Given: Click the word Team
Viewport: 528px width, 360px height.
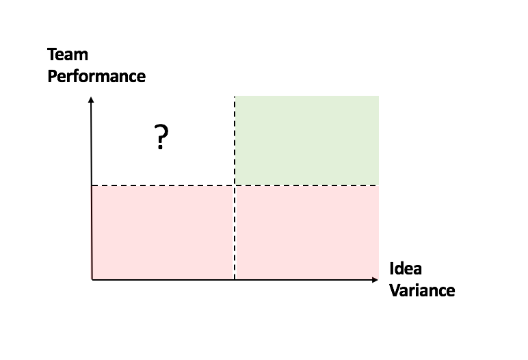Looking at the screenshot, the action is point(68,55).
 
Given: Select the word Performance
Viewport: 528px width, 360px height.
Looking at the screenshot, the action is point(96,77).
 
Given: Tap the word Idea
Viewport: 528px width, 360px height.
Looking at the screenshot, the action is point(406,269).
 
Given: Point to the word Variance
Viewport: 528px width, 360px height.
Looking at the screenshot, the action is point(422,291).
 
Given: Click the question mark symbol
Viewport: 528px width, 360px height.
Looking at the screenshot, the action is point(161,137).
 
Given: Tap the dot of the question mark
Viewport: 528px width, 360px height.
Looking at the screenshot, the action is point(160,147).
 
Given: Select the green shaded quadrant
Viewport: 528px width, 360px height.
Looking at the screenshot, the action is point(307,140).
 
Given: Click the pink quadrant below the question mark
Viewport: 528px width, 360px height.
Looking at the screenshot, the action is point(163,233).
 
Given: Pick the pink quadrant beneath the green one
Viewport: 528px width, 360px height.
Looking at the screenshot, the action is point(307,233).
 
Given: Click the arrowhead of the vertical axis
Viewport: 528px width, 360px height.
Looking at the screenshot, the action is point(91,99).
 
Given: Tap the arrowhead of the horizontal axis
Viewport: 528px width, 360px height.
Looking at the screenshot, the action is point(375,279).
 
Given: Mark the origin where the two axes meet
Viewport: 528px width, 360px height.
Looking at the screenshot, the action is point(92,279).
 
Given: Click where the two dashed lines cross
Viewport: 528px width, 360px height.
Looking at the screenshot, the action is point(235,185).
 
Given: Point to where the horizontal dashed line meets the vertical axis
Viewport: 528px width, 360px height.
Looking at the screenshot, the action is point(92,185).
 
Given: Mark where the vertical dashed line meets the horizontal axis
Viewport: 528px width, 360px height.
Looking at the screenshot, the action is point(235,279).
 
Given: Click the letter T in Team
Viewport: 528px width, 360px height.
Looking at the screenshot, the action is point(52,55).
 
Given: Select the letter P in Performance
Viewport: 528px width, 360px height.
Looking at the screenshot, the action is point(52,76).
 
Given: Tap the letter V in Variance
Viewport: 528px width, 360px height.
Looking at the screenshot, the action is point(395,291).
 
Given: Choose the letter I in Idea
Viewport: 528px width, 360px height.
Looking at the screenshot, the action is point(392,269).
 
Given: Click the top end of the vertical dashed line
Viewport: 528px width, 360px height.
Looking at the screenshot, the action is point(235,97).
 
